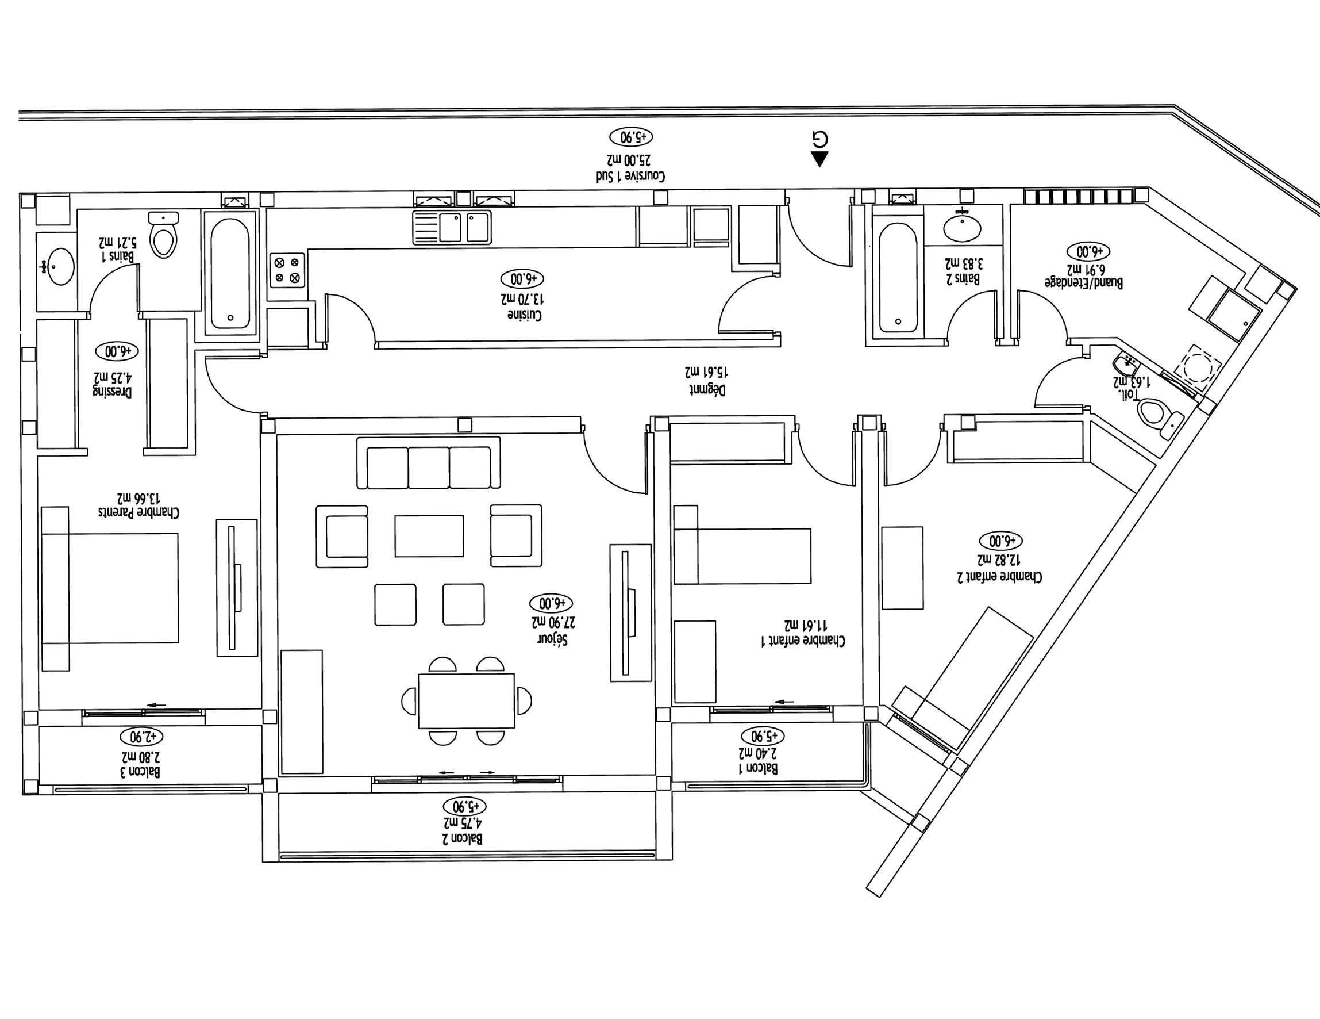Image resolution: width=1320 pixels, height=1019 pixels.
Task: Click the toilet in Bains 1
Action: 164,236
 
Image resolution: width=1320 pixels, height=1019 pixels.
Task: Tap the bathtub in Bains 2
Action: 898,277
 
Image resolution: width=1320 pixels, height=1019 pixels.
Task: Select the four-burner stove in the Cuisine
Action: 287,270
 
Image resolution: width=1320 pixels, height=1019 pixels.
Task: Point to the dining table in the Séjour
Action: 466,701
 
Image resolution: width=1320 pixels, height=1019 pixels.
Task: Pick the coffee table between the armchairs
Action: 429,535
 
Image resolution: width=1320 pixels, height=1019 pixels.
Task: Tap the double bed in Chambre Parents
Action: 110,588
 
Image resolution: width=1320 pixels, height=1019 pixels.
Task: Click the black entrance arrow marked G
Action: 819,159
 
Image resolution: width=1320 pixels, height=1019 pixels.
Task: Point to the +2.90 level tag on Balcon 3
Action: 141,737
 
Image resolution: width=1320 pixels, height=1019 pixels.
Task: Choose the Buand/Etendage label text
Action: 1084,282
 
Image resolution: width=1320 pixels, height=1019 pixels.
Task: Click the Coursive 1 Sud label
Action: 630,176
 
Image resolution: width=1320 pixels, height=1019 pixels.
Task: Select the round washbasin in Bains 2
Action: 962,229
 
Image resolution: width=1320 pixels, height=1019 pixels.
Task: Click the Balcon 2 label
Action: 463,838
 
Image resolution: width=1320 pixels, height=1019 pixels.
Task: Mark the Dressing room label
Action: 113,390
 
